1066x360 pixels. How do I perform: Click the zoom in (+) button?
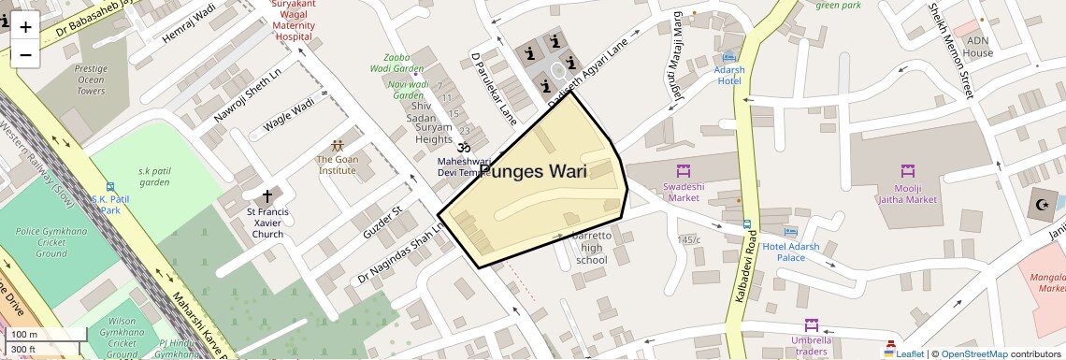pyautogui.click(x=25, y=27)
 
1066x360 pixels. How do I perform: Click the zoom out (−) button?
pyautogui.click(x=25, y=55)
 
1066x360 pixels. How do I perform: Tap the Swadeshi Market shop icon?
pyautogui.click(x=682, y=171)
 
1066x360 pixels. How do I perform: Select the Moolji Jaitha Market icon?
pyautogui.click(x=906, y=171)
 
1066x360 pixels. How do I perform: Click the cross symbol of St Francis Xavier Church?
pyautogui.click(x=267, y=196)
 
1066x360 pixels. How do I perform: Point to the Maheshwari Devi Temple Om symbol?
pyautogui.click(x=461, y=148)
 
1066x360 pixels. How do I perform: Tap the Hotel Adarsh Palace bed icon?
pyautogui.click(x=790, y=231)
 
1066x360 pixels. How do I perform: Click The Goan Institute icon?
pyautogui.click(x=337, y=146)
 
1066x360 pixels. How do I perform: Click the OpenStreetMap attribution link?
pyautogui.click(x=973, y=353)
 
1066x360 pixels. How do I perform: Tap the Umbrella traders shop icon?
pyautogui.click(x=812, y=325)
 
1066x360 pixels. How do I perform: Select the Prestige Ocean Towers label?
pyautogui.click(x=92, y=79)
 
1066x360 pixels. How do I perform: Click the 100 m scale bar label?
pyautogui.click(x=25, y=335)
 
